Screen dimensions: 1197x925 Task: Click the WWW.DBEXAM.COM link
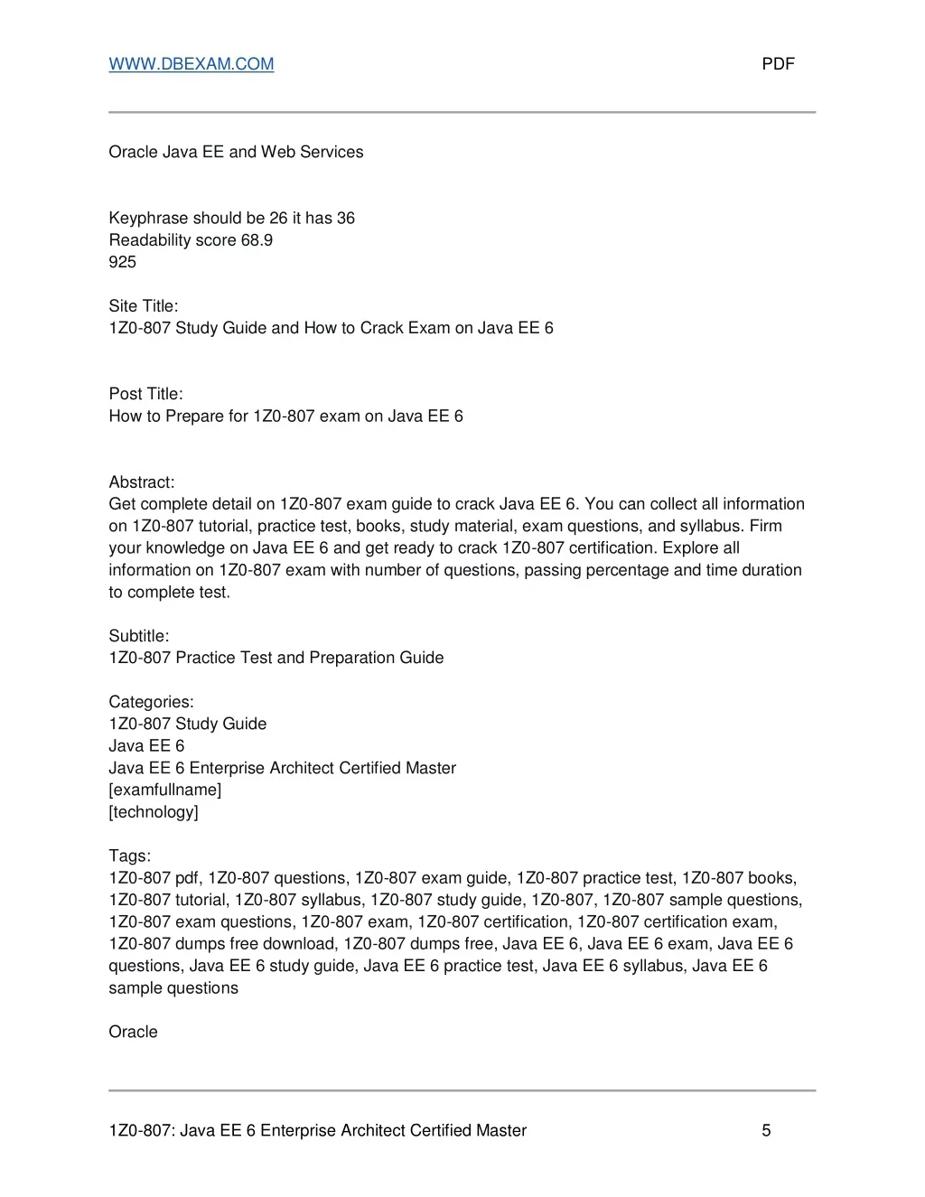(191, 64)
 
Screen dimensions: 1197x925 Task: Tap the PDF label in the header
(778, 64)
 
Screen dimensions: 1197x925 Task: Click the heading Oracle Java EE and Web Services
(236, 152)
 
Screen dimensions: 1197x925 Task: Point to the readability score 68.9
(257, 240)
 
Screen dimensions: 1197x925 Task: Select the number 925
(122, 262)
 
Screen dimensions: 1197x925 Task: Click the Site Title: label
(144, 306)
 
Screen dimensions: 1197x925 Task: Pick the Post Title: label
(145, 394)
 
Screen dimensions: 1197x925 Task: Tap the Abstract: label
(142, 482)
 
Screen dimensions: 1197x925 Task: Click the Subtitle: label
(139, 636)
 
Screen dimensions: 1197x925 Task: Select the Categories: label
(151, 702)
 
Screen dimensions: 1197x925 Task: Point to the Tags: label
(129, 856)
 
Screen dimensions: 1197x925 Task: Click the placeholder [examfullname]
(164, 790)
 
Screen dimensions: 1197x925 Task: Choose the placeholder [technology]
(154, 812)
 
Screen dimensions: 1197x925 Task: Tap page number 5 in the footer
(766, 1130)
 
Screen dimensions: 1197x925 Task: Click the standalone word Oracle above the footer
(133, 1032)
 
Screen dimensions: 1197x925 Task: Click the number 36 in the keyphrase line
(345, 219)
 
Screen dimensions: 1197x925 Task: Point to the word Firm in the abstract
(765, 526)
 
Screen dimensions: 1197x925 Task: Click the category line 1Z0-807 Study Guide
(187, 724)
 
